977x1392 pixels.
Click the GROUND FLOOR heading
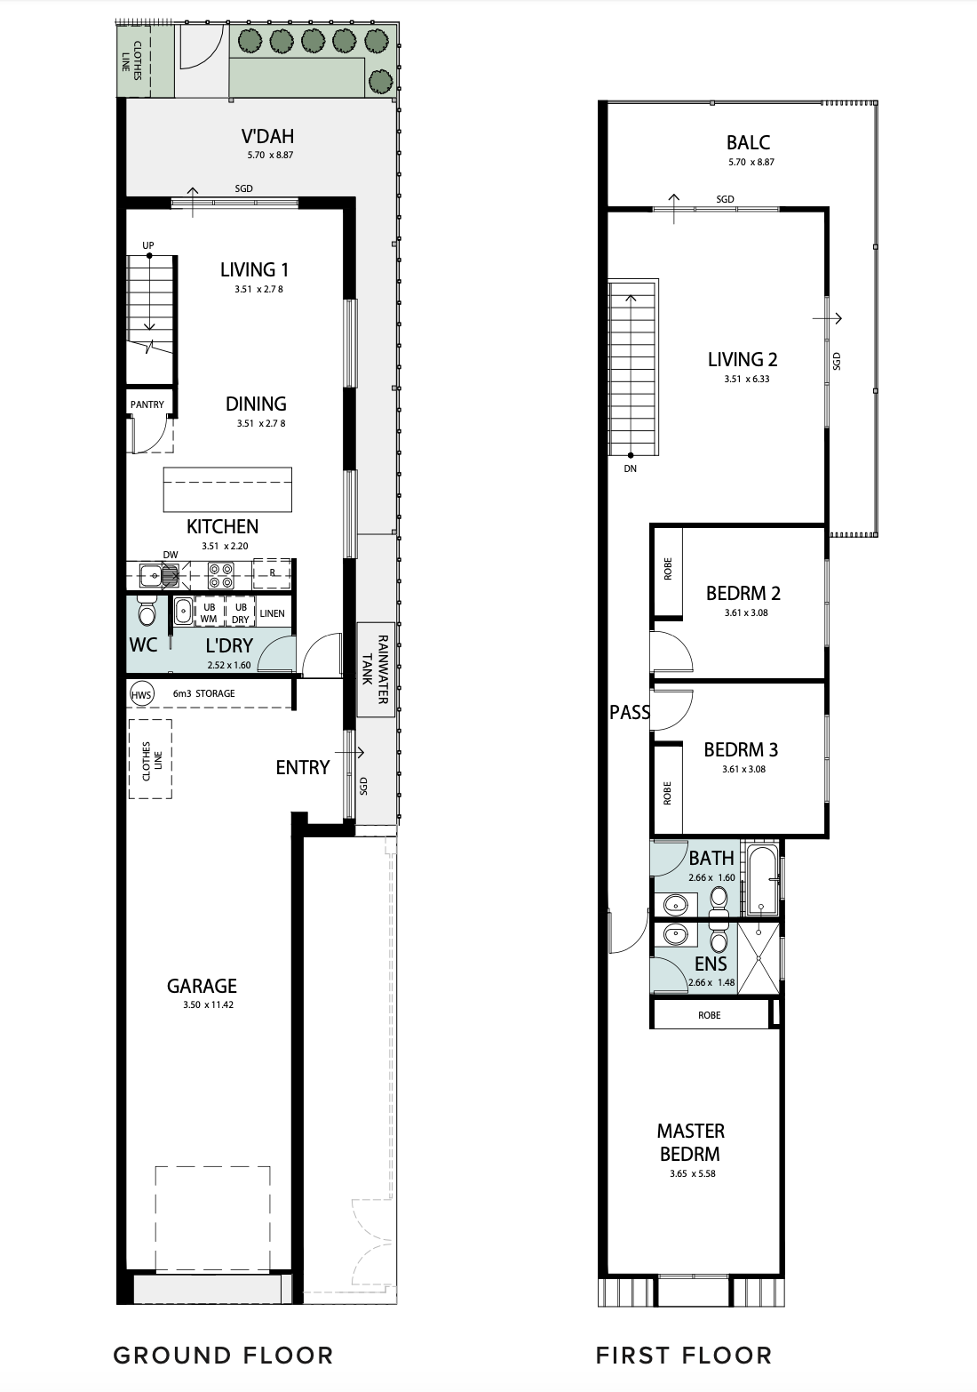point(223,1355)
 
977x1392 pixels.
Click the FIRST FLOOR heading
point(684,1355)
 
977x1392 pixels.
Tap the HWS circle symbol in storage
point(141,694)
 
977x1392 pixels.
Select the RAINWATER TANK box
point(376,670)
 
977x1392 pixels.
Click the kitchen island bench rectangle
point(227,490)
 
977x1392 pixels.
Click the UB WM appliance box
point(209,612)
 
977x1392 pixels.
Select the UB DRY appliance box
point(241,612)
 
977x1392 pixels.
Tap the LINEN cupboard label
point(272,613)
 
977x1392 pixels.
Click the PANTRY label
point(147,404)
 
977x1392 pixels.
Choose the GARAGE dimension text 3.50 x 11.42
point(208,1004)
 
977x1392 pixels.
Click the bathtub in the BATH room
point(762,879)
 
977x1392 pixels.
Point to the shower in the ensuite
point(759,958)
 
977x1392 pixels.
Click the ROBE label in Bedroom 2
point(668,569)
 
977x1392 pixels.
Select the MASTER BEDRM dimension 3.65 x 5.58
point(693,1174)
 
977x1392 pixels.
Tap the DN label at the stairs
point(631,468)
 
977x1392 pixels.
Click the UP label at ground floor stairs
point(147,245)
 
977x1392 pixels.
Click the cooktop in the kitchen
point(220,575)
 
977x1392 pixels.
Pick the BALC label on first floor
point(749,143)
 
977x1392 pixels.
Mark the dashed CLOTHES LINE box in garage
point(150,759)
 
